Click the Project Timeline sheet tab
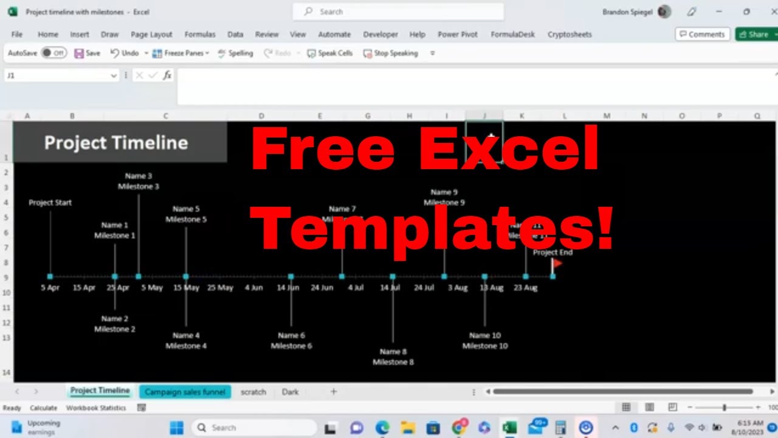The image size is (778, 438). tap(100, 391)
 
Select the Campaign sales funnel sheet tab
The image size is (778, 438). tap(185, 392)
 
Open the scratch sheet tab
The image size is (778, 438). tap(253, 392)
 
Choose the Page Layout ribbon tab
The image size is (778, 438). tap(151, 35)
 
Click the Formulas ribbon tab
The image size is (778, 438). tap(200, 35)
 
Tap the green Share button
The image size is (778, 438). tap(754, 35)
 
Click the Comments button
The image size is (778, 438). tap(702, 35)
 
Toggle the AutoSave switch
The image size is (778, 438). tap(53, 53)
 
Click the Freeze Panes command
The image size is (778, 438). tap(181, 53)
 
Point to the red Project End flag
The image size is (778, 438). tap(556, 263)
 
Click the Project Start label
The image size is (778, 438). tap(50, 203)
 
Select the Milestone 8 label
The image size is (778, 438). tap(393, 362)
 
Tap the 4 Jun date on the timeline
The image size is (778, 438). tap(254, 288)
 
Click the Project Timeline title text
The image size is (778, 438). tap(116, 143)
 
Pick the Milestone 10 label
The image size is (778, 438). tap(484, 346)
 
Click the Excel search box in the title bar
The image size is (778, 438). tap(398, 12)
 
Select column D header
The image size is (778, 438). tap(261, 116)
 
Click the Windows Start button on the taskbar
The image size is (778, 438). tap(176, 428)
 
